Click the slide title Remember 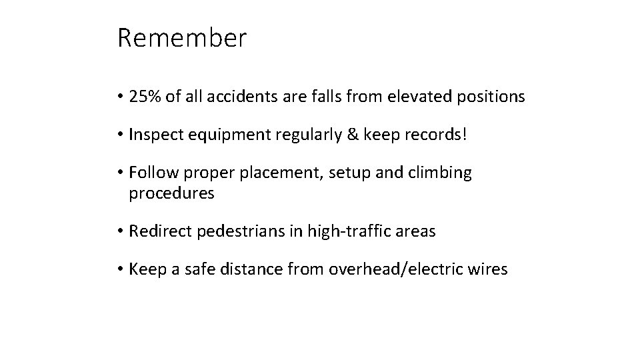coord(181,38)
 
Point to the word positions coord(493,97)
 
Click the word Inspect coord(154,135)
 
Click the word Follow coord(150,173)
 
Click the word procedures coord(171,194)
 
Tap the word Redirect coord(158,231)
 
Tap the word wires coord(490,269)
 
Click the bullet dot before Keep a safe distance coord(120,270)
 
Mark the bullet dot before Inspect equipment coord(120,135)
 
